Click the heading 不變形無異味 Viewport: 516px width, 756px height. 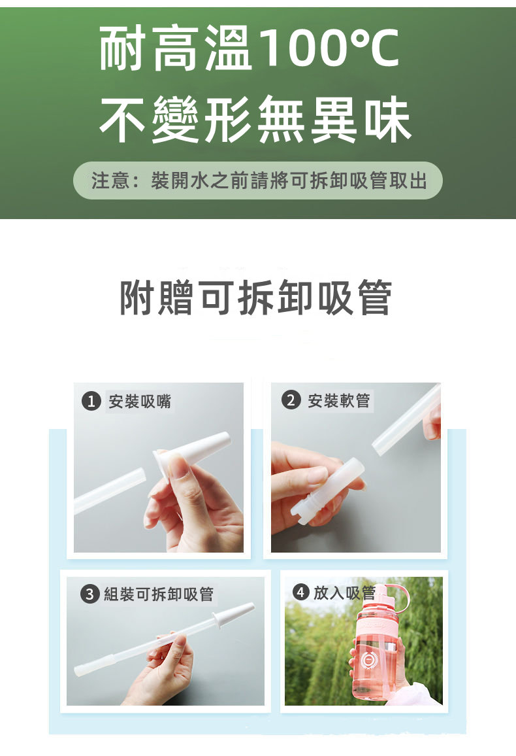pyautogui.click(x=255, y=118)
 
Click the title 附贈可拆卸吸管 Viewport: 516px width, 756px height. pyautogui.click(x=255, y=297)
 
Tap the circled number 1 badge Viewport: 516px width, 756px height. pyautogui.click(x=91, y=401)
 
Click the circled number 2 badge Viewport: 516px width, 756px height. pyautogui.click(x=290, y=400)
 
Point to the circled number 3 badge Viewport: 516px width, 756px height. pyautogui.click(x=89, y=594)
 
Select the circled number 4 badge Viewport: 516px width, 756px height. pyautogui.click(x=301, y=592)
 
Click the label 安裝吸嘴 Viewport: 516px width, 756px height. pyautogui.click(x=140, y=401)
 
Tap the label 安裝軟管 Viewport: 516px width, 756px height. pyautogui.click(x=339, y=400)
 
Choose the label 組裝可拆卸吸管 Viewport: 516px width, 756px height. pyautogui.click(x=159, y=594)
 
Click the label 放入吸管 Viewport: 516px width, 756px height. pyautogui.click(x=344, y=593)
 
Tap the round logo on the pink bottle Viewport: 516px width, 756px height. pyautogui.click(x=369, y=661)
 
